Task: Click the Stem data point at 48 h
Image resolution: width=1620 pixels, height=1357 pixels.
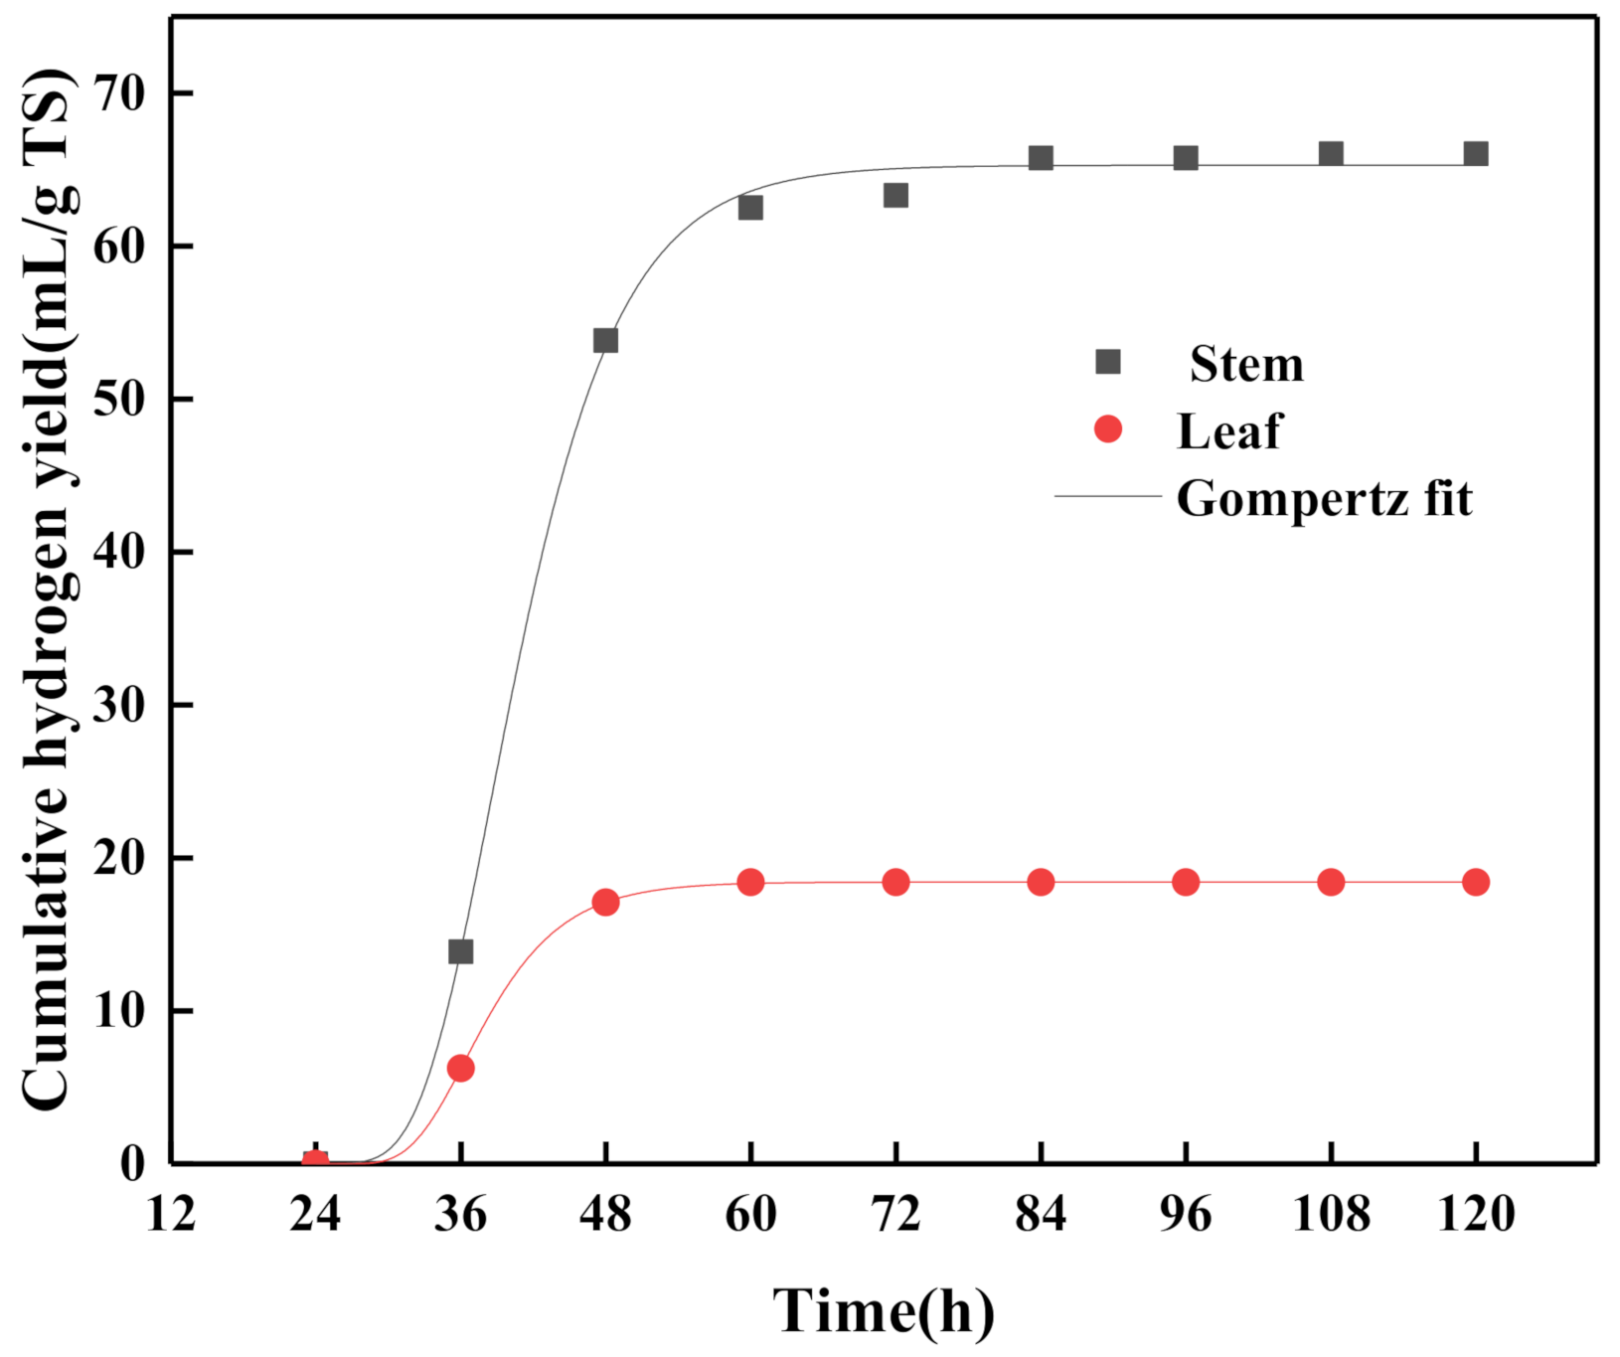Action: [605, 341]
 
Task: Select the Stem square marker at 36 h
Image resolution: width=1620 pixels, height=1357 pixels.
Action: [460, 951]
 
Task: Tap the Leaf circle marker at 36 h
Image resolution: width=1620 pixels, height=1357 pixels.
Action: [460, 1069]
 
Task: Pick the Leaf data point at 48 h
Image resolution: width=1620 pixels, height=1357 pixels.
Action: [605, 903]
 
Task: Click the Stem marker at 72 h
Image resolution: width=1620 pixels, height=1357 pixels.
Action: [895, 196]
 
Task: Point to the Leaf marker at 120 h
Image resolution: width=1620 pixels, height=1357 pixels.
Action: [1476, 882]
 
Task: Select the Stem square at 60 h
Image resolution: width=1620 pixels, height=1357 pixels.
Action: [750, 208]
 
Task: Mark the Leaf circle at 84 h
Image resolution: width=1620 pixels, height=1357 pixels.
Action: [1041, 882]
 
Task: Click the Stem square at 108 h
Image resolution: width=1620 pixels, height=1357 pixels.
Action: [1331, 154]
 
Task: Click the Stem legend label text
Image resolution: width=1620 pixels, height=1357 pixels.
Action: [1246, 364]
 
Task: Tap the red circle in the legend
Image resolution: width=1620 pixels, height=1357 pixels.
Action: [1107, 429]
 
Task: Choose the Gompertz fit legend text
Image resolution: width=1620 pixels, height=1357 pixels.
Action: [1324, 498]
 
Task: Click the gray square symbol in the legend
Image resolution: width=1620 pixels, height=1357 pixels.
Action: [1107, 362]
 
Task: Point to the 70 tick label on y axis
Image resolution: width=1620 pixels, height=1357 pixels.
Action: [119, 94]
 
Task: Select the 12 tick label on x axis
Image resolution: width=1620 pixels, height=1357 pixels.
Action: [171, 1214]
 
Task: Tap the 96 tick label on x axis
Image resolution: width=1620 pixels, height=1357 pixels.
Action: [1186, 1214]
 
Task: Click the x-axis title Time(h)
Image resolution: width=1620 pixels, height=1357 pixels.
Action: [884, 1310]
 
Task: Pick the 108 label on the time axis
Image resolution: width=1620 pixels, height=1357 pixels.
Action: [1331, 1214]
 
